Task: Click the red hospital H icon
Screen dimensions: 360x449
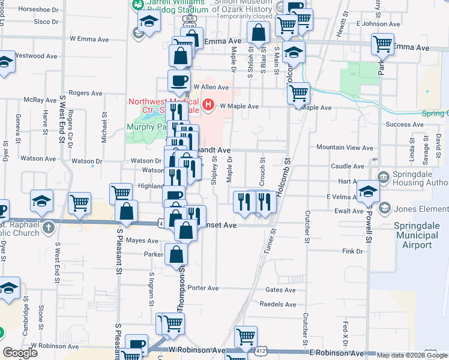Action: [208, 106]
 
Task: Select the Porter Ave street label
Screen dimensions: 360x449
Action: [203, 288]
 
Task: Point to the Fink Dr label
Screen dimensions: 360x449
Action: [352, 251]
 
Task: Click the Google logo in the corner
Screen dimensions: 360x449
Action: [20, 353]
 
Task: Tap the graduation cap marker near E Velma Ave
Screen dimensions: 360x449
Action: [368, 191]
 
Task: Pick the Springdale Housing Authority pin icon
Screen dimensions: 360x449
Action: [384, 176]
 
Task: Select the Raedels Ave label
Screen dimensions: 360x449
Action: [280, 304]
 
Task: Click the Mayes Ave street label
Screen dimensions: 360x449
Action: [142, 241]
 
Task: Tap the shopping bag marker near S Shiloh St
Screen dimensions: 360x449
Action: [259, 34]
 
